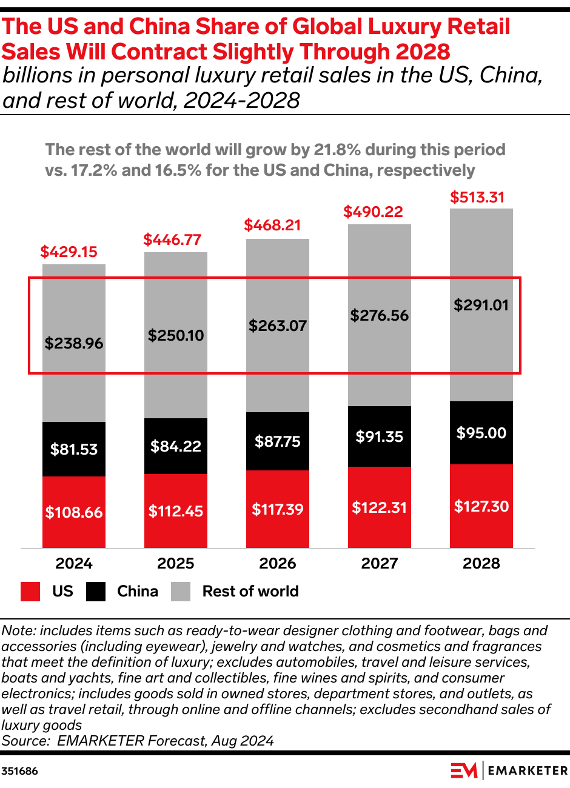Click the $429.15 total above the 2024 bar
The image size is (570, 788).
coord(69,252)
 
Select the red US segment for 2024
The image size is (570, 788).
coord(74,512)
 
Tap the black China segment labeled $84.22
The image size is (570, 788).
coord(176,446)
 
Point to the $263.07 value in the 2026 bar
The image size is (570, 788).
coord(278,326)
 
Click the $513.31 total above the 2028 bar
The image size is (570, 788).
coord(477,197)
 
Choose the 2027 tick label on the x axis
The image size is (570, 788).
coord(380,563)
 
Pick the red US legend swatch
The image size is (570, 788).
coord(30,592)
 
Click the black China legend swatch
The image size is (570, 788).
coord(96,592)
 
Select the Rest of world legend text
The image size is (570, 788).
coord(250,592)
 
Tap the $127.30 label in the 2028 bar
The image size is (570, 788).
coord(481,506)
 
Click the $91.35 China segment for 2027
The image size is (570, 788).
coord(380,436)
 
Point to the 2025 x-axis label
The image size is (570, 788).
coord(176,563)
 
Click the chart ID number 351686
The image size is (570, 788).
coord(19,771)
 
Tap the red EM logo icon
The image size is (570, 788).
coord(464,770)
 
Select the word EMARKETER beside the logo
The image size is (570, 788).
coord(528,771)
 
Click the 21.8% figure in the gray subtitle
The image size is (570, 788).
coord(337,150)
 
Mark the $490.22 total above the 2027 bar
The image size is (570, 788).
coord(373,212)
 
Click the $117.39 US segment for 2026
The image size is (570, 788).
coord(278,509)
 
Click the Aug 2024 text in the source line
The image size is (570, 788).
coord(243,741)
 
